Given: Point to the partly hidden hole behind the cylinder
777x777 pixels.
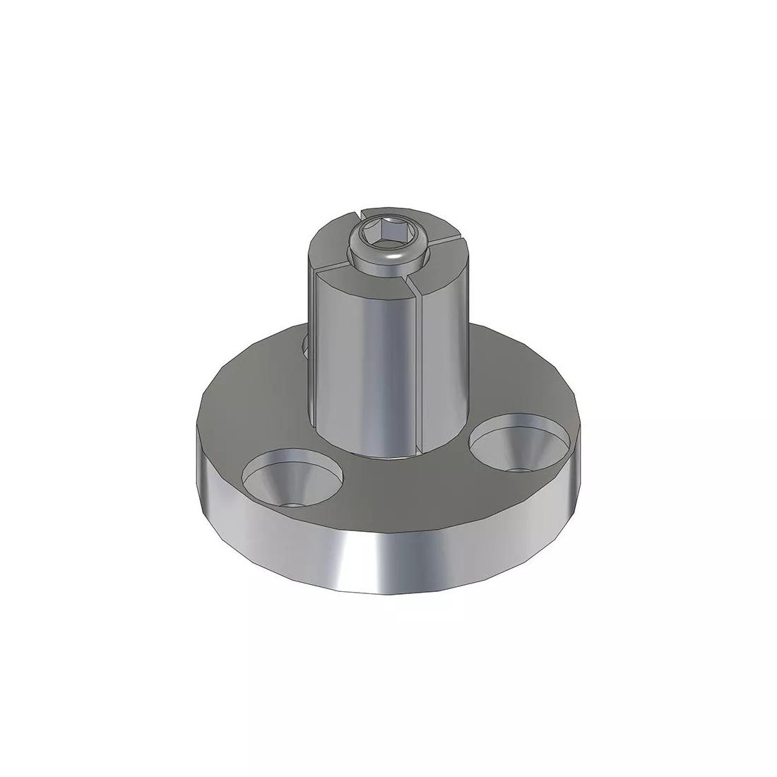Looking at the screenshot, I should (305, 346).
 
